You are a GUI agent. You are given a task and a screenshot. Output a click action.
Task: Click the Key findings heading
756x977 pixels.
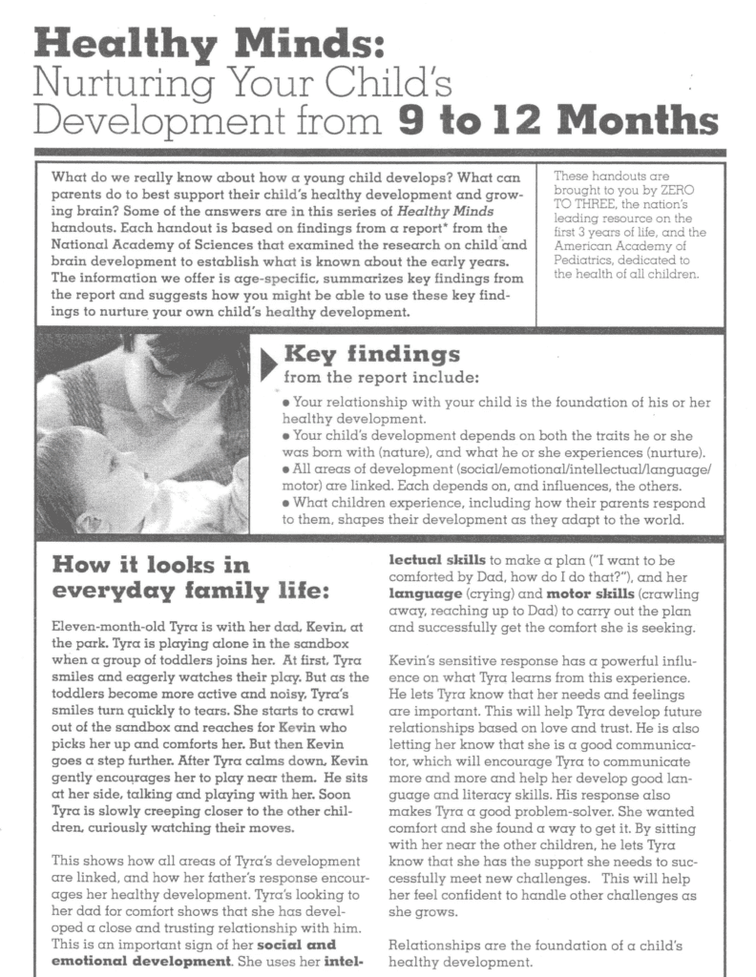371,356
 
